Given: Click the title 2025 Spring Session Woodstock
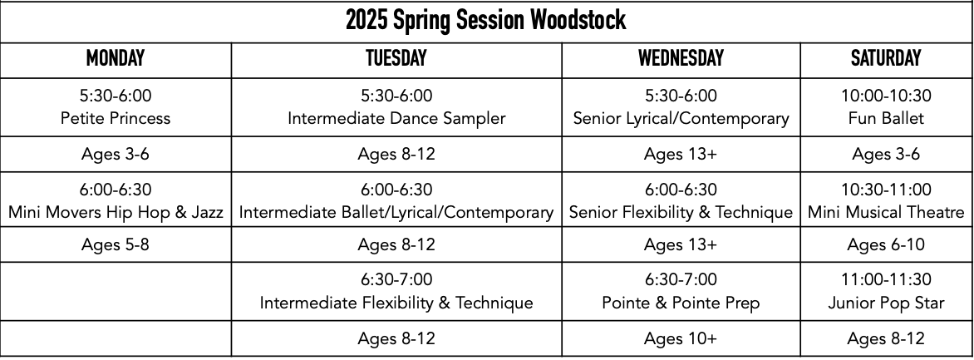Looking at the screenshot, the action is point(486,21).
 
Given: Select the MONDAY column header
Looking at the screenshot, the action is point(116,58).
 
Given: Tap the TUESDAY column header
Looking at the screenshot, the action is point(396,58).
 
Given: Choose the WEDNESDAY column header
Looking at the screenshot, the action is point(681,58).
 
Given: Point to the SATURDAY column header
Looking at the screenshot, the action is point(886,58).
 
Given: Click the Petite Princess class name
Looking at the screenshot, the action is point(116,118).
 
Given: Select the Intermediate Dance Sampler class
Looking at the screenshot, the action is point(396,118).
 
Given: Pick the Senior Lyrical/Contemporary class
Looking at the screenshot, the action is point(681,118).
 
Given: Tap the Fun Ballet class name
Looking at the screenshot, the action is point(886,118).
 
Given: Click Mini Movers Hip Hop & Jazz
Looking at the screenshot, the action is point(116,212).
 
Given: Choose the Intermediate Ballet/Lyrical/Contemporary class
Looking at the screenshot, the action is point(396,212).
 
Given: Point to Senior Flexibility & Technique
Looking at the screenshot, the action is point(681,212).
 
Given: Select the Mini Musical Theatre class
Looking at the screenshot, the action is point(886,212).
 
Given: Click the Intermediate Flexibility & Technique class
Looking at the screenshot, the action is point(396,303).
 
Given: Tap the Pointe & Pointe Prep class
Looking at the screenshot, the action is point(681,303).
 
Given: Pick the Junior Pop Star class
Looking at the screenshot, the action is point(886,303).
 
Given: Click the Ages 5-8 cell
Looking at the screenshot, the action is point(116,245).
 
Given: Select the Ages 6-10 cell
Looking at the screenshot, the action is point(886,245).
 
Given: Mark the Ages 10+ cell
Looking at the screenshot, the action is point(681,339).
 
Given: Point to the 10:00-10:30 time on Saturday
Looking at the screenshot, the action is point(886,96).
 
